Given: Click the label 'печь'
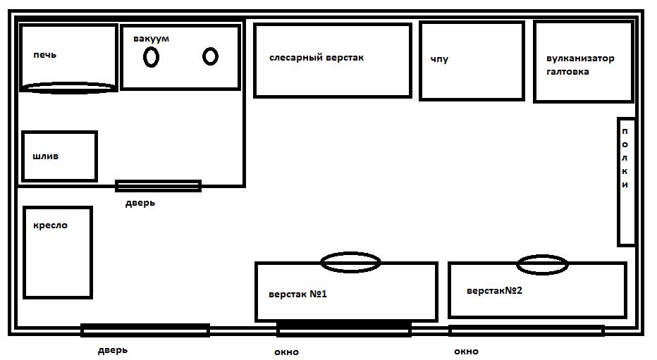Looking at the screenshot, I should [44, 55].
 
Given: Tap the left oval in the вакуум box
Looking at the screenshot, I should [151, 57].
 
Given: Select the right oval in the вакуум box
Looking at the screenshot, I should [210, 56].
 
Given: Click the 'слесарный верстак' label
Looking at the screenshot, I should [317, 58].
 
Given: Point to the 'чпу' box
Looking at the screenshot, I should [472, 61].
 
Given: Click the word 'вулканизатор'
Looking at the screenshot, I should [580, 58].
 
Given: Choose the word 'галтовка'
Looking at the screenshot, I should [567, 71].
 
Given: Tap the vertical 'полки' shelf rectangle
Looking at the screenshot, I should [626, 182].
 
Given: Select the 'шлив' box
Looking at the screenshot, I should [59, 156].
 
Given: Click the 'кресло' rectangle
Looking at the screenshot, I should [58, 252].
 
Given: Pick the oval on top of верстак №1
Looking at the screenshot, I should [350, 263].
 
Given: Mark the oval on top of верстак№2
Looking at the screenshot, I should [542, 265].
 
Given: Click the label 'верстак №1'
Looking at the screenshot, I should [297, 294].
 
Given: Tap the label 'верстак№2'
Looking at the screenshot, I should [494, 290].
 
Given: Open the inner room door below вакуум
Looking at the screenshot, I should [158, 186].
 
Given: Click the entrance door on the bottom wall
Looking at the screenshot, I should [145, 330].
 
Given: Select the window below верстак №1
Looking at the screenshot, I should [343, 328].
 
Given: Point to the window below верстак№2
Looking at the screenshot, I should [526, 330].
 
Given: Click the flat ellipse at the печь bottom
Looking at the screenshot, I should [68, 87].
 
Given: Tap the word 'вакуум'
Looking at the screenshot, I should [151, 38].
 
